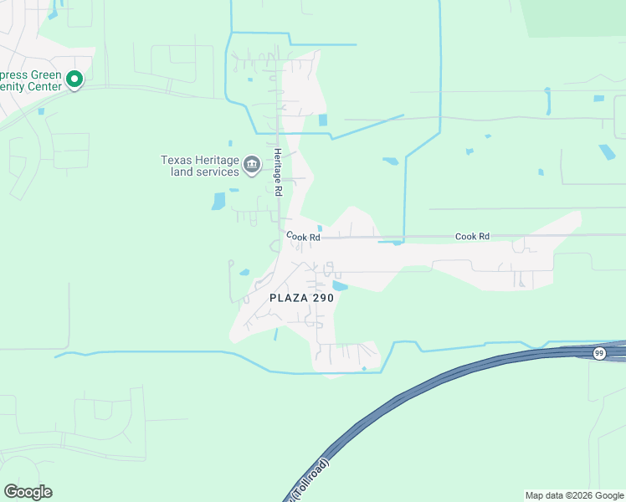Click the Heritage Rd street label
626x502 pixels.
point(278,173)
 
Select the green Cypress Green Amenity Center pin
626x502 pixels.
point(74,80)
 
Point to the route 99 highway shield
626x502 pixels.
point(599,353)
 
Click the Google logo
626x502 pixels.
point(28,491)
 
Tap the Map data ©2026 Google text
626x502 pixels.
point(573,495)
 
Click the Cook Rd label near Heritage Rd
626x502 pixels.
point(304,237)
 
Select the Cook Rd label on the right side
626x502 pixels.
point(472,237)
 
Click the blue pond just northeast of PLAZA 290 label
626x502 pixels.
point(340,285)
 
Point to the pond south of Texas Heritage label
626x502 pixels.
point(219,201)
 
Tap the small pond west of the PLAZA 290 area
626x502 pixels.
point(244,272)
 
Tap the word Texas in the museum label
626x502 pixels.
point(177,160)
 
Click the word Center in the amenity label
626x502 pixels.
point(47,86)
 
